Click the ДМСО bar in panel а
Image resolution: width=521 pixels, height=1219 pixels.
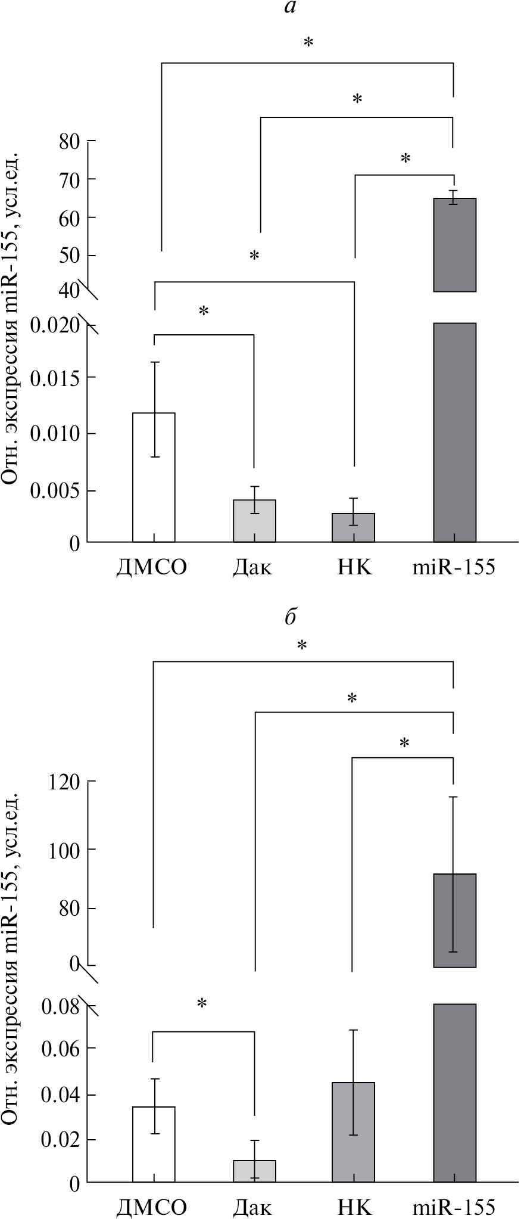point(154,477)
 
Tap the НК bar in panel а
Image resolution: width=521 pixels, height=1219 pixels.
point(354,527)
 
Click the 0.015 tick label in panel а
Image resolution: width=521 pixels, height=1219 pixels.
point(55,378)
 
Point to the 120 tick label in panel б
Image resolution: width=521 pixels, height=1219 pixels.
point(63,781)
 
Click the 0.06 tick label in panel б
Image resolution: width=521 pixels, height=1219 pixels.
point(60,1048)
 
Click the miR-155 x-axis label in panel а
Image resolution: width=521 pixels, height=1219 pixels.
point(454,567)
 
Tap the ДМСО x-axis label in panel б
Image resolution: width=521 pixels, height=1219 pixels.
point(151,1207)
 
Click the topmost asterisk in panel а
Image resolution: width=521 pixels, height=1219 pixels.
point(308,43)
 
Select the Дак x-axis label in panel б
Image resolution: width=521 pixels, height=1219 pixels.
point(252,1207)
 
